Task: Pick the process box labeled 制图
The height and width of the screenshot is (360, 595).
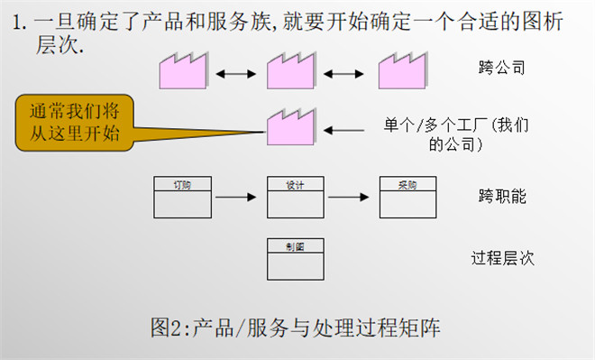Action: [x=295, y=258]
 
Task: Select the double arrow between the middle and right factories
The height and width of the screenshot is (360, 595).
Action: [x=351, y=69]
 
